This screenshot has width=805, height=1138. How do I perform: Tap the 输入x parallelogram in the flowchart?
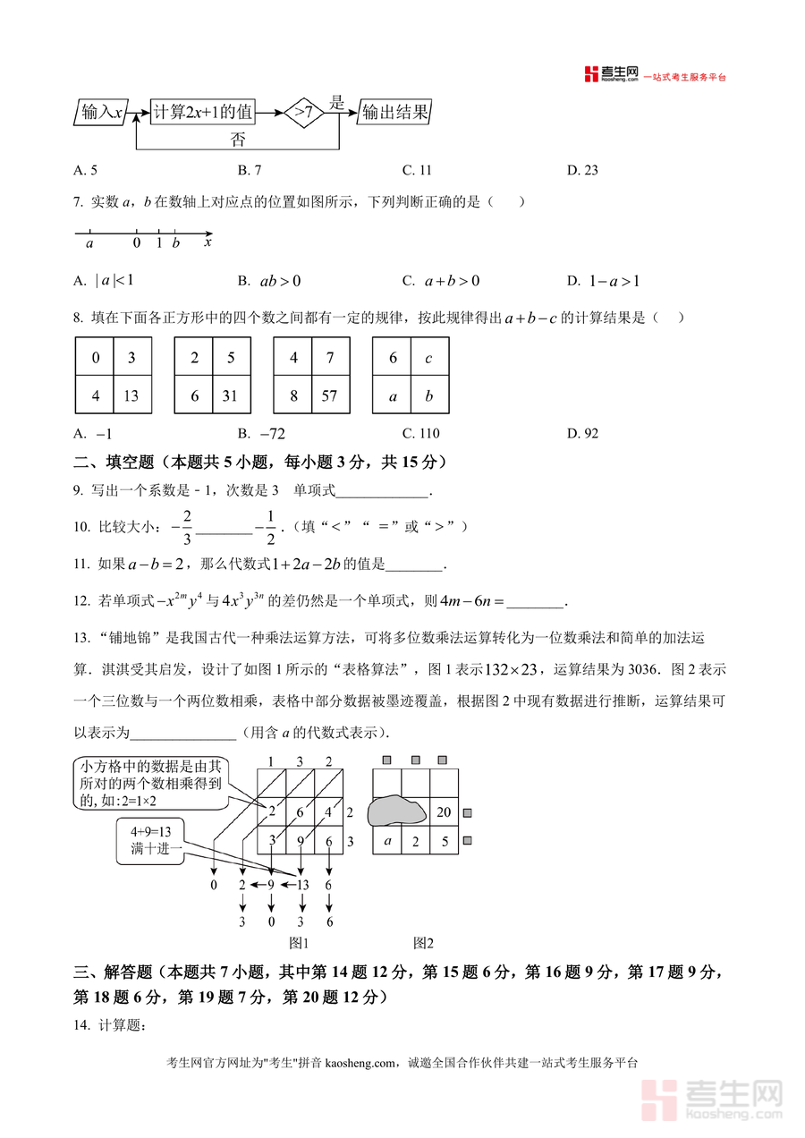pos(101,113)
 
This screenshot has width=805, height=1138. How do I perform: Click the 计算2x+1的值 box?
pos(203,113)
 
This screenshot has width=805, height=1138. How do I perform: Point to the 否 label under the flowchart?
pos(237,139)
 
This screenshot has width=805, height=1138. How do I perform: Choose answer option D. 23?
pos(582,170)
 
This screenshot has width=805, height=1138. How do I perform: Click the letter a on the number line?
pos(89,242)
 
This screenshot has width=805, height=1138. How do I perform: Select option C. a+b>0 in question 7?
pos(441,281)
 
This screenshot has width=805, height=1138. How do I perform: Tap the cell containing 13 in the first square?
pos(131,395)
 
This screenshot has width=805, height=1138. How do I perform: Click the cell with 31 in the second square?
pos(230,395)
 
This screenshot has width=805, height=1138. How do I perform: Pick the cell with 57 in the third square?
pos(329,395)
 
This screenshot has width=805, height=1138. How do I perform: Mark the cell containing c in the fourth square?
pos(429,358)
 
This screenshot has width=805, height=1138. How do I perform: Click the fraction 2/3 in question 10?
pos(187,527)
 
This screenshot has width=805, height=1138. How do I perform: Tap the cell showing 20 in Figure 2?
pos(443,812)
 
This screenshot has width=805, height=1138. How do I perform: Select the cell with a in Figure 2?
pos(387,841)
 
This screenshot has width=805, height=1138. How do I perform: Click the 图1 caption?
pos(298,942)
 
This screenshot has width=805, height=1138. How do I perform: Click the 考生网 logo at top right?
pos(611,74)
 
